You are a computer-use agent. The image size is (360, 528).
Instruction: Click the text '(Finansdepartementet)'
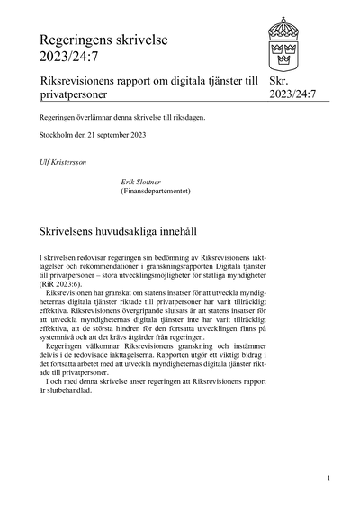156,191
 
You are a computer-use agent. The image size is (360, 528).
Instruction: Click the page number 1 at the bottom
328,478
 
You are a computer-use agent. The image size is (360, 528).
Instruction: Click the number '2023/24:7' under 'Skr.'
292,94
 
